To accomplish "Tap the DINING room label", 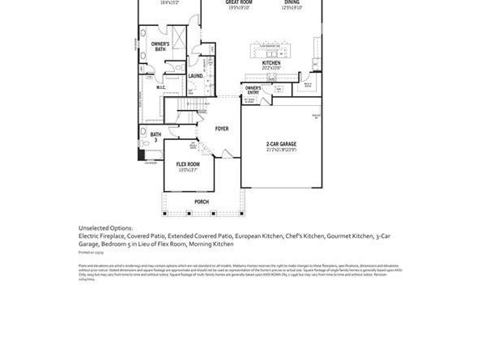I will (291, 3).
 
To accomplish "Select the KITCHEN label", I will (270, 62).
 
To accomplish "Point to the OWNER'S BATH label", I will (160, 46).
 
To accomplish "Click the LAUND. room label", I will (195, 76).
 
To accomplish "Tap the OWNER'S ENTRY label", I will (253, 89).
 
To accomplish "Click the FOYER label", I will (221, 129).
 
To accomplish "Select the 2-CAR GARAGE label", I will (281, 145).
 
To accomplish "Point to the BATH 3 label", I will (155, 137).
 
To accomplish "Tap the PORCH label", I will (202, 201).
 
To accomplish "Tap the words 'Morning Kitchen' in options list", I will (211, 244).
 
